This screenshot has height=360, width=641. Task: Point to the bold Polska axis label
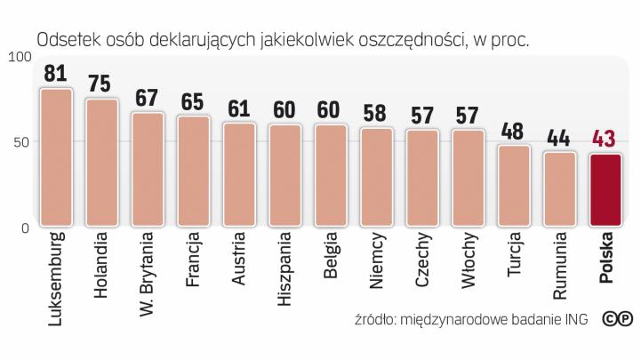pos(606,259)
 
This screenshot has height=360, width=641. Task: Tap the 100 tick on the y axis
pos(17,57)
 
